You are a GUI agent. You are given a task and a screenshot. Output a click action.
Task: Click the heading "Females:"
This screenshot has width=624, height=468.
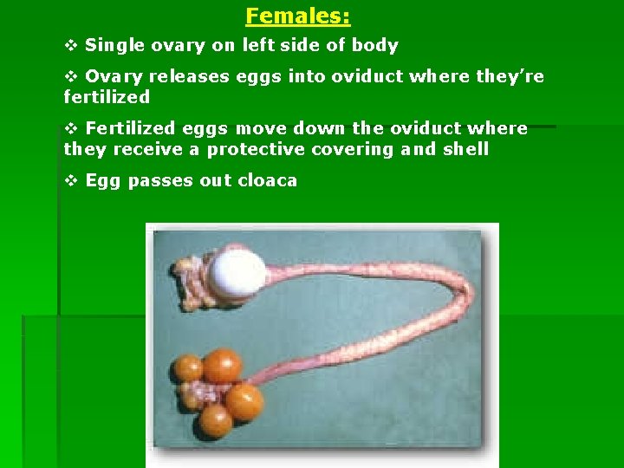[297, 16]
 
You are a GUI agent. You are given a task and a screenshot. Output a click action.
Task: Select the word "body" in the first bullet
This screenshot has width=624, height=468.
[374, 45]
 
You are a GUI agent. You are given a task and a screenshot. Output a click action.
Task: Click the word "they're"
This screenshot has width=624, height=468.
[510, 76]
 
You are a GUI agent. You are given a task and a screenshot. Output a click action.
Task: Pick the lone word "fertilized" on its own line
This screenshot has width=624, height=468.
[107, 97]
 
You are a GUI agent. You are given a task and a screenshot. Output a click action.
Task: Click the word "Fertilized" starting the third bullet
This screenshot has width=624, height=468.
[130, 128]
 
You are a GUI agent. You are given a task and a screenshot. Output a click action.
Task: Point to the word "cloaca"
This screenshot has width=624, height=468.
[266, 180]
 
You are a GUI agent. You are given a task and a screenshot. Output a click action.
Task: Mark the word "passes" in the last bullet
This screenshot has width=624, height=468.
[159, 180]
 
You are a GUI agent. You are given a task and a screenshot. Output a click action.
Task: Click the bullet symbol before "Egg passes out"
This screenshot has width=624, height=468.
[71, 180]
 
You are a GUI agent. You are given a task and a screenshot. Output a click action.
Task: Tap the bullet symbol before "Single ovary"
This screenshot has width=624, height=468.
[71, 45]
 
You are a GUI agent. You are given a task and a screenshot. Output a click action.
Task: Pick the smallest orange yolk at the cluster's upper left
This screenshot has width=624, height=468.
[188, 367]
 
